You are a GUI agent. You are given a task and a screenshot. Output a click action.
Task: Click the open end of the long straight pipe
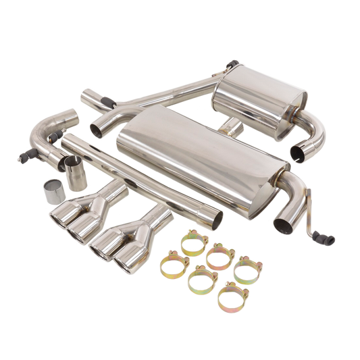coord(210,219)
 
